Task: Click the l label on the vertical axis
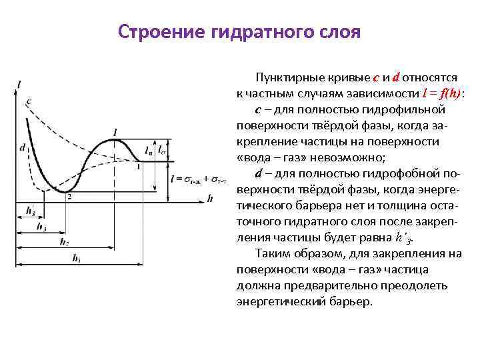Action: click(x=21, y=84)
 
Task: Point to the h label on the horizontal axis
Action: click(x=210, y=198)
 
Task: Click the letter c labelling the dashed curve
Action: click(x=28, y=101)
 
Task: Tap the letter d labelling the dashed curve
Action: click(x=23, y=147)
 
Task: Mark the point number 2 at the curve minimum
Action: click(x=69, y=197)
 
